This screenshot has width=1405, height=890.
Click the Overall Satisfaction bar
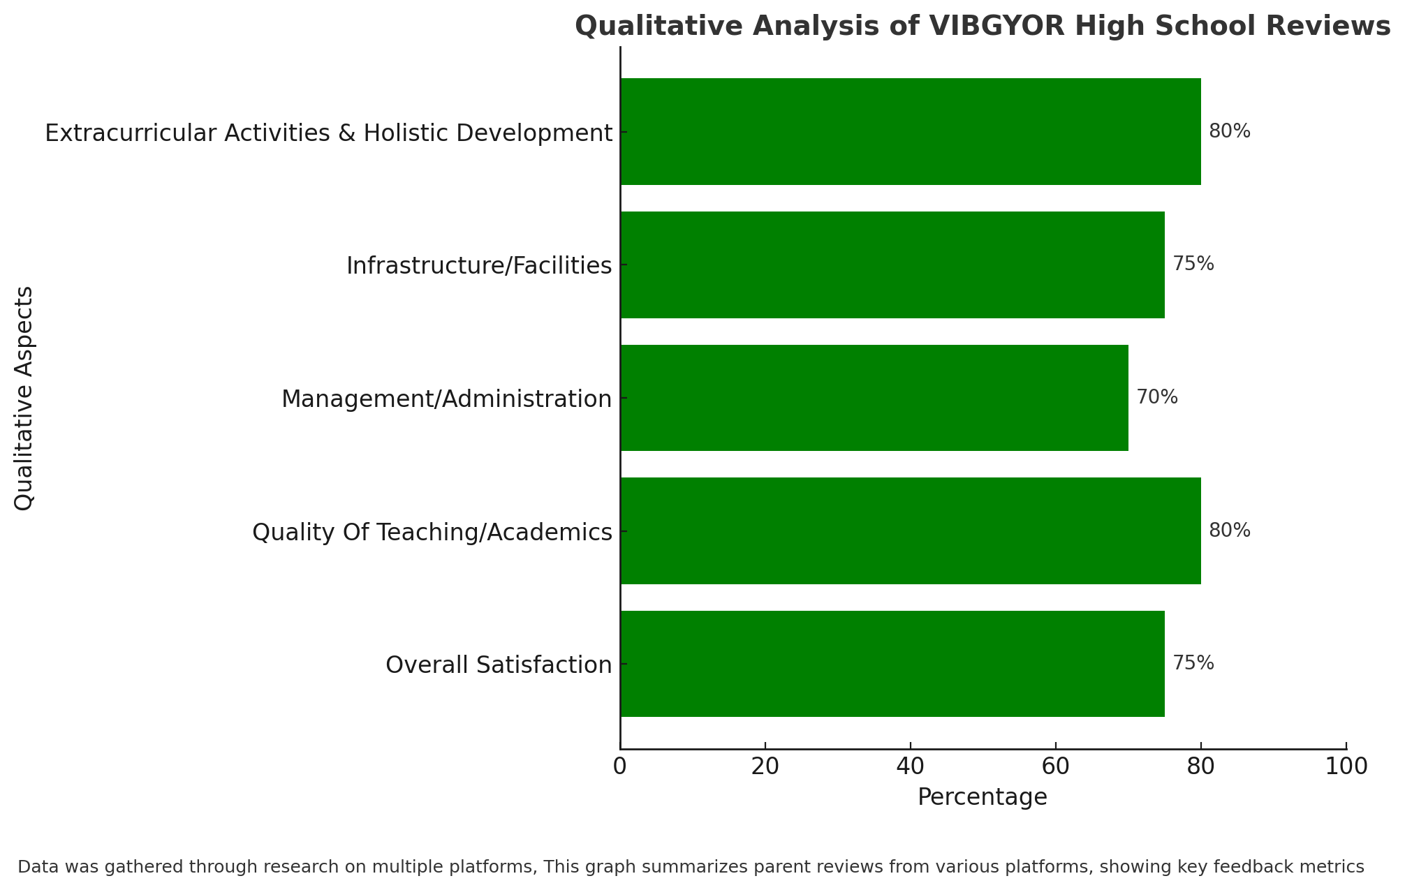tap(892, 664)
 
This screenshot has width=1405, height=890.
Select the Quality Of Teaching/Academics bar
tap(911, 531)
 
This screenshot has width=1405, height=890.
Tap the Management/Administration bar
tap(874, 398)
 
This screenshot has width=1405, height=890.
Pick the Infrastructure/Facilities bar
tap(892, 265)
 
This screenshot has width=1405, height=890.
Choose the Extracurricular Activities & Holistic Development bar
tap(911, 131)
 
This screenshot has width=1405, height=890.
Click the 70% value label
tap(1157, 397)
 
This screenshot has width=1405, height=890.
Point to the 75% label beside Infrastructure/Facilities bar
tap(1193, 264)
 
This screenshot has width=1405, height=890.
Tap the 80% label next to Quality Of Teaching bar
tap(1230, 531)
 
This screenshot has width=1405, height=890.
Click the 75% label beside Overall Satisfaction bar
tap(1193, 663)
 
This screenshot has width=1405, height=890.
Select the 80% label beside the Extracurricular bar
tap(1230, 131)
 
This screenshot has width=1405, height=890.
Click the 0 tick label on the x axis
tap(620, 766)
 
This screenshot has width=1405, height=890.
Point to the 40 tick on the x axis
tap(911, 766)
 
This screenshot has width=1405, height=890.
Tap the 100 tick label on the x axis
tap(1346, 766)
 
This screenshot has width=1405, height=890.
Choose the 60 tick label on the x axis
tap(1056, 766)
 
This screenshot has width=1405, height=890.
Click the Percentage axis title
tap(983, 797)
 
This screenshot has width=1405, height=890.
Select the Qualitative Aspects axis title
tap(24, 398)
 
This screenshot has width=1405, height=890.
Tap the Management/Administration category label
tap(447, 399)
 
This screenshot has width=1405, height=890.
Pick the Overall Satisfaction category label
tap(499, 665)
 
